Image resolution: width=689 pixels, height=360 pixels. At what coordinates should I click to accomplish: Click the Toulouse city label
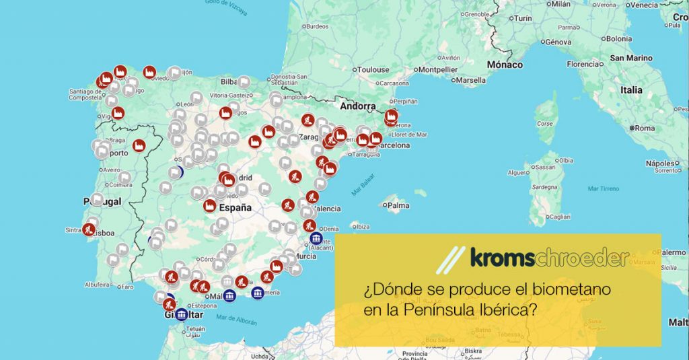(373, 69)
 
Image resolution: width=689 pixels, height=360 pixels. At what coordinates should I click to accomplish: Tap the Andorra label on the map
(357, 106)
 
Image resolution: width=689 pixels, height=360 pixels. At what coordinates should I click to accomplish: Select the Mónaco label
(505, 65)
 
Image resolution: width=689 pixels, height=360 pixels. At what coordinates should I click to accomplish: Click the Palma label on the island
(398, 205)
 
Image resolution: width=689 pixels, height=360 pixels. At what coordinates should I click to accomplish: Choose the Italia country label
(631, 89)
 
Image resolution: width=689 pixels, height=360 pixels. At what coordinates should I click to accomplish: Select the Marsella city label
(471, 80)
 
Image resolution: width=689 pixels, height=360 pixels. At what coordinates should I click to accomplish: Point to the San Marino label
(631, 58)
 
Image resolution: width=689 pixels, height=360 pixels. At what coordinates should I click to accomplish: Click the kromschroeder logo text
(549, 258)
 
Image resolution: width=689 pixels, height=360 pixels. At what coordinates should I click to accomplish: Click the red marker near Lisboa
(88, 229)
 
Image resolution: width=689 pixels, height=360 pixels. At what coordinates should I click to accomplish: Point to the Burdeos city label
(316, 27)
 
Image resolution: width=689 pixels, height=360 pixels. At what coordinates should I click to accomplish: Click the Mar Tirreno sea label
(603, 188)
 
